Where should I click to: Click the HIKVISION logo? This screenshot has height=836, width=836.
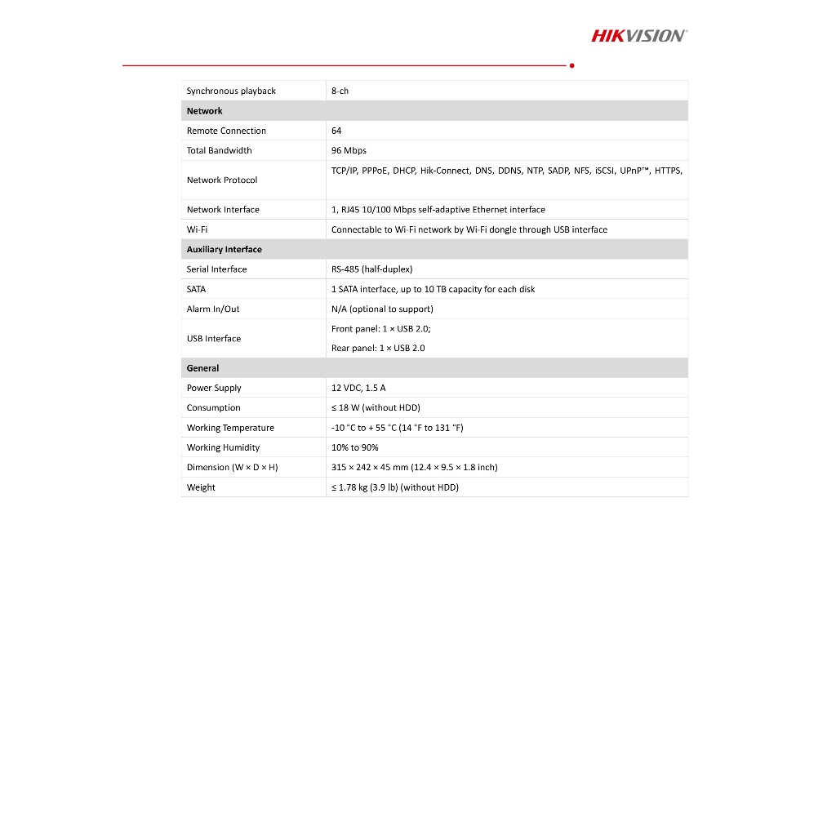pyautogui.click(x=638, y=35)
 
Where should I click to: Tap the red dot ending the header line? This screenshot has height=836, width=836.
pyautogui.click(x=571, y=65)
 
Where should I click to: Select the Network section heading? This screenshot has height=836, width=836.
pyautogui.click(x=204, y=111)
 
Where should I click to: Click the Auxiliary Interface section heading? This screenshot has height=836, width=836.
pyautogui.click(x=224, y=250)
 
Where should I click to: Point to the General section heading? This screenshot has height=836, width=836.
pyautogui.click(x=202, y=368)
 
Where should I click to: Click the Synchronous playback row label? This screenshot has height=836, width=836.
pyautogui.click(x=231, y=91)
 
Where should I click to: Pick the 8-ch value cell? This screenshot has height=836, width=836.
pyautogui.click(x=340, y=91)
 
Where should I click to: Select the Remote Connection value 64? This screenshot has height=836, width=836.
pyautogui.click(x=336, y=131)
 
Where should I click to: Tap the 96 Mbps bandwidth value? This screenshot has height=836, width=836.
pyautogui.click(x=349, y=150)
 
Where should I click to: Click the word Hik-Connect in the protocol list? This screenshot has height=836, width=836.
pyautogui.click(x=445, y=171)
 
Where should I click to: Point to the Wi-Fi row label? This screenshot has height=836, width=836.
pyautogui.click(x=197, y=229)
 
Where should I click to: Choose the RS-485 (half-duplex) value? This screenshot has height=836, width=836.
pyautogui.click(x=371, y=269)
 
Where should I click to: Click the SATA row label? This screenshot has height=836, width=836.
pyautogui.click(x=196, y=289)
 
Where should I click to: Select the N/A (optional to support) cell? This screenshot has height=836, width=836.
pyautogui.click(x=382, y=309)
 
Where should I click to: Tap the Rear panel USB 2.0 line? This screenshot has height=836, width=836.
pyautogui.click(x=378, y=348)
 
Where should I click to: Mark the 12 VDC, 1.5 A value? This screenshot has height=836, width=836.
pyautogui.click(x=358, y=388)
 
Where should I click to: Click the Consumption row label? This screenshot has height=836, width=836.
pyautogui.click(x=213, y=408)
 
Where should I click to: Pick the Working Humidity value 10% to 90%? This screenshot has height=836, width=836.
pyautogui.click(x=354, y=447)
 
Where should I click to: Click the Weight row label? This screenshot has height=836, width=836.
pyautogui.click(x=201, y=487)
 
